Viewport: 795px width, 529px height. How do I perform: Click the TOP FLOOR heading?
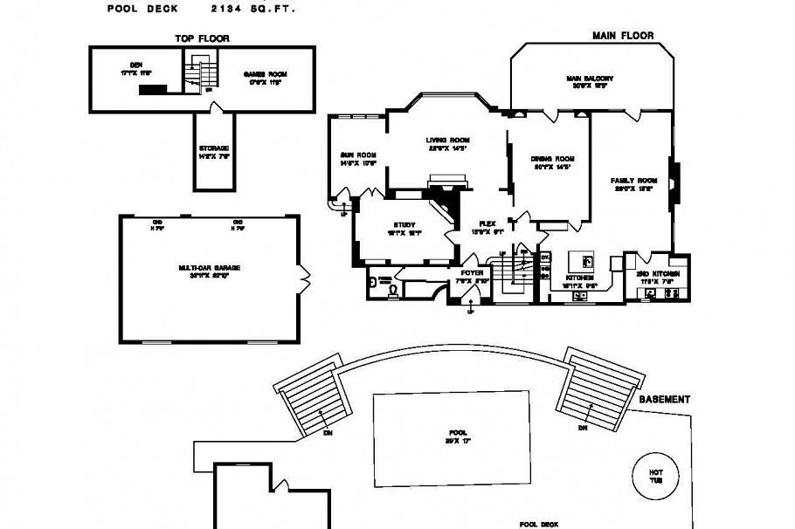[x=202, y=38]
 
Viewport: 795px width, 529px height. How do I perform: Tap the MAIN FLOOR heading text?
[x=623, y=36]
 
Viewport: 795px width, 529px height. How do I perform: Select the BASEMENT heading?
[x=665, y=399]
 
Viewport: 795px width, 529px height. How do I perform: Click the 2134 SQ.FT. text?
[x=253, y=9]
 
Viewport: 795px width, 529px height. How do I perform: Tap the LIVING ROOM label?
[x=448, y=141]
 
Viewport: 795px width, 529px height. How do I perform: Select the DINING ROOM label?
[x=552, y=159]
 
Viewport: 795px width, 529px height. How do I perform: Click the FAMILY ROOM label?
[x=633, y=181]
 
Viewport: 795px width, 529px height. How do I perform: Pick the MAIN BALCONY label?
[x=586, y=79]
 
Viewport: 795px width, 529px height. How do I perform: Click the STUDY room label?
[x=404, y=225]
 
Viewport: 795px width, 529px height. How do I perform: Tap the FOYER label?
[x=472, y=273]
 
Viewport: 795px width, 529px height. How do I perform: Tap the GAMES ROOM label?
[x=265, y=74]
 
